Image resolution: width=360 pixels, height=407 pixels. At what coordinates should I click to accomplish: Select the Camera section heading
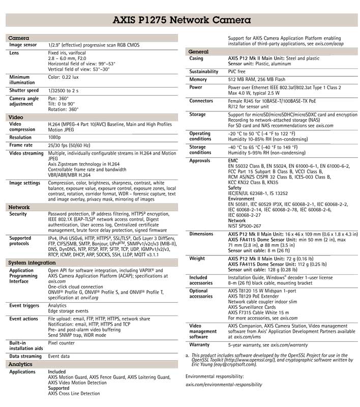pos(19,38)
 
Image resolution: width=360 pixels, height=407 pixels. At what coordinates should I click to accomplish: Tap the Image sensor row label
pos(23,45)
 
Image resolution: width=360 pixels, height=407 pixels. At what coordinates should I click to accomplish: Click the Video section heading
pos(16,117)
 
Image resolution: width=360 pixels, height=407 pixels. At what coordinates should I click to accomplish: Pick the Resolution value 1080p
pos(55,137)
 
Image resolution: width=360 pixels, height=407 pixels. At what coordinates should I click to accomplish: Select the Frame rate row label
pos(21,145)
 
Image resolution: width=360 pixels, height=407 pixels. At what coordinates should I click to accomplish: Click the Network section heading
pos(19,208)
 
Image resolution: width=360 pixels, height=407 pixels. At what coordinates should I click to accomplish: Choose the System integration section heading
pos(32,263)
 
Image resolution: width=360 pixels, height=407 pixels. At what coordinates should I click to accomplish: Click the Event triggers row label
pos(24,305)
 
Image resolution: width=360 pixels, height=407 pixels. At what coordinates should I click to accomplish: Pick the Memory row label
pos(198,80)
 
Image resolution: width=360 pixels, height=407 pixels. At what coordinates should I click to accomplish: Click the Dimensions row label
pos(201,234)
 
